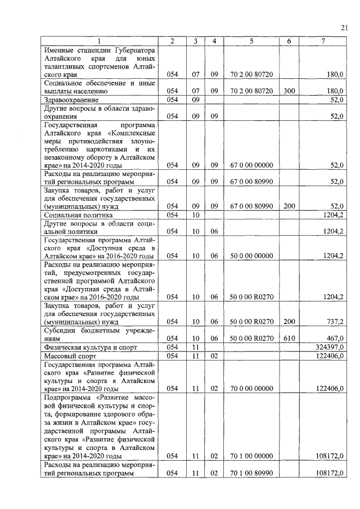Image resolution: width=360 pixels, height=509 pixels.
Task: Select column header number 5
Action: (251, 41)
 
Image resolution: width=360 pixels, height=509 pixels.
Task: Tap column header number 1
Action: (100, 41)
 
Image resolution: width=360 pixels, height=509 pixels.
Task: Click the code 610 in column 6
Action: (289, 339)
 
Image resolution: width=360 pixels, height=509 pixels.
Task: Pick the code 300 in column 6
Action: (289, 91)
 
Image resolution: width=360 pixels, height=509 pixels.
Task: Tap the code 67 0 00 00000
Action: (251, 165)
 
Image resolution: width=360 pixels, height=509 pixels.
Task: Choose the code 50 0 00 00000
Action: (251, 256)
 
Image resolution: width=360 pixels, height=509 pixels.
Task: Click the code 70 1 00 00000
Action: (251, 456)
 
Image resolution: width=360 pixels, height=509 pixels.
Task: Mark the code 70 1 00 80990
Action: (251, 474)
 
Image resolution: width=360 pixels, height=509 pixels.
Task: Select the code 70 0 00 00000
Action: (251, 389)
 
